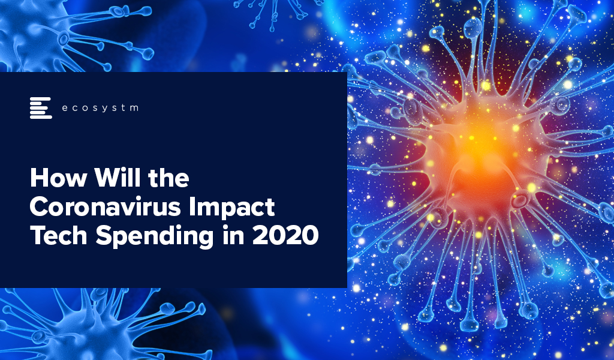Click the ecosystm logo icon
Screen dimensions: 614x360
[41, 108]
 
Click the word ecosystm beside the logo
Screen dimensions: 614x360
[100, 108]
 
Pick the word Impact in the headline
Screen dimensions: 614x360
[232, 208]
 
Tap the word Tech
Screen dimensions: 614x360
[58, 236]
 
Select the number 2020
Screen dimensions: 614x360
[285, 236]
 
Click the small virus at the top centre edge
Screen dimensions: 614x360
[274, 12]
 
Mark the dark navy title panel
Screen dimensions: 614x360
[173, 180]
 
